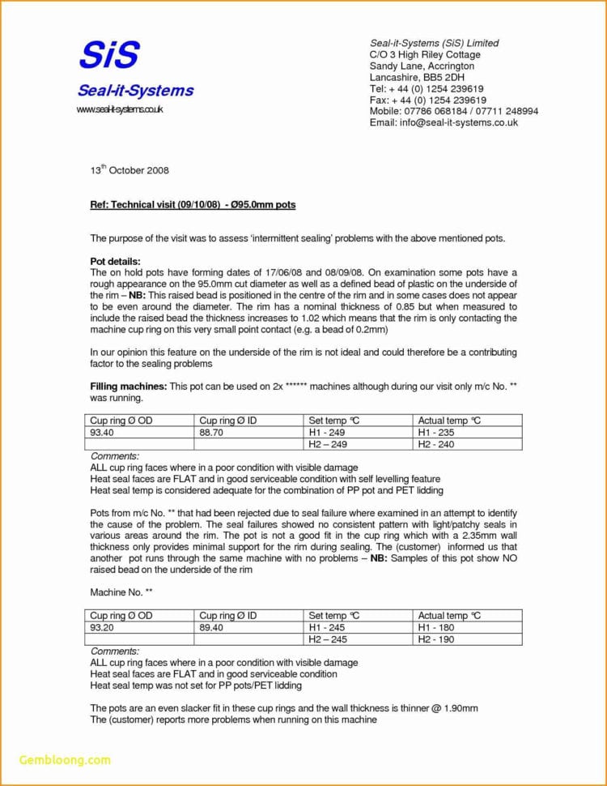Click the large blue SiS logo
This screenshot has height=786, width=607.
pyautogui.click(x=109, y=55)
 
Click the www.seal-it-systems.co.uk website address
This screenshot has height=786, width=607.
pyautogui.click(x=120, y=109)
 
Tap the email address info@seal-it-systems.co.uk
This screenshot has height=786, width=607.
pyautogui.click(x=444, y=122)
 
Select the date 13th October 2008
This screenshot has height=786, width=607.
pyautogui.click(x=129, y=171)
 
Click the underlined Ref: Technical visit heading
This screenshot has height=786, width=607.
pyautogui.click(x=193, y=205)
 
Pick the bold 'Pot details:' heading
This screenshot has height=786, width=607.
pyautogui.click(x=116, y=262)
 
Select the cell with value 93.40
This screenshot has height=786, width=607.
pyautogui.click(x=102, y=433)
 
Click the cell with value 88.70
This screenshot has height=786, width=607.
pyautogui.click(x=211, y=433)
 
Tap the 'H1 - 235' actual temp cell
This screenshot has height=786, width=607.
pyautogui.click(x=436, y=433)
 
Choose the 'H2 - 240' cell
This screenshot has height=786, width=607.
pyautogui.click(x=436, y=444)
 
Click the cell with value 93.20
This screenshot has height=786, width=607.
pyautogui.click(x=102, y=628)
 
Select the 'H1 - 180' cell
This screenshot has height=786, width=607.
pyautogui.click(x=436, y=628)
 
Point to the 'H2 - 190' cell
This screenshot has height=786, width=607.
pyautogui.click(x=436, y=639)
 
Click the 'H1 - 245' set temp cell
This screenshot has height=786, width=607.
pyautogui.click(x=328, y=628)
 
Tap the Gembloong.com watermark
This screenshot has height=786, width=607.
pyautogui.click(x=65, y=759)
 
